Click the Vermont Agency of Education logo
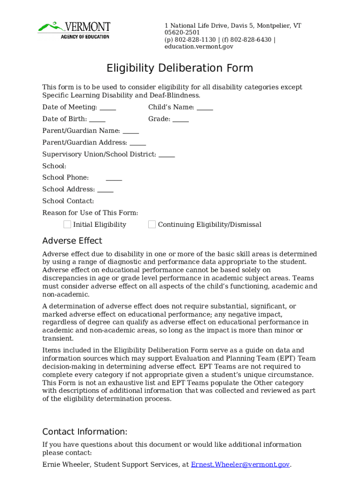click(74, 30)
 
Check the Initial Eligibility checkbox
click(67, 225)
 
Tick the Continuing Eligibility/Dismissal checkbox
click(152, 225)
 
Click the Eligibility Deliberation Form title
click(180, 68)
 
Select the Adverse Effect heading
click(72, 241)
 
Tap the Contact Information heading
click(85, 432)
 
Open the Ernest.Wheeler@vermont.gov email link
click(240, 464)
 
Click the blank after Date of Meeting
click(108, 108)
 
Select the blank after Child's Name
click(205, 108)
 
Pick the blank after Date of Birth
click(97, 119)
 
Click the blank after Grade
click(180, 119)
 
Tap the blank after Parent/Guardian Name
click(131, 131)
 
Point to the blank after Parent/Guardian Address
click(138, 143)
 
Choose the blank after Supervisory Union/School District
click(167, 154)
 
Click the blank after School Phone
click(114, 178)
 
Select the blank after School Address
click(105, 189)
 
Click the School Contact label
click(68, 201)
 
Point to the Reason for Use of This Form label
click(90, 213)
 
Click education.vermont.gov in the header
click(199, 47)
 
